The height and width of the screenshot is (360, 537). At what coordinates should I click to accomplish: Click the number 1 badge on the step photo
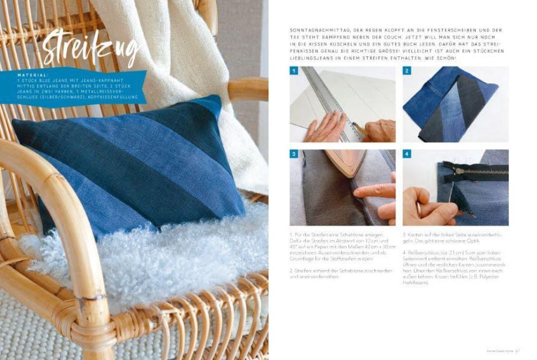[294, 71]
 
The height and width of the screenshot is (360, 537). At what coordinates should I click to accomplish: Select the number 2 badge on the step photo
[407, 71]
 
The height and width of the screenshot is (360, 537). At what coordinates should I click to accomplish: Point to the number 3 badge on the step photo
[294, 154]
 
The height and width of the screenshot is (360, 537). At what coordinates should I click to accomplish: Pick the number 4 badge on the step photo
[407, 154]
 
